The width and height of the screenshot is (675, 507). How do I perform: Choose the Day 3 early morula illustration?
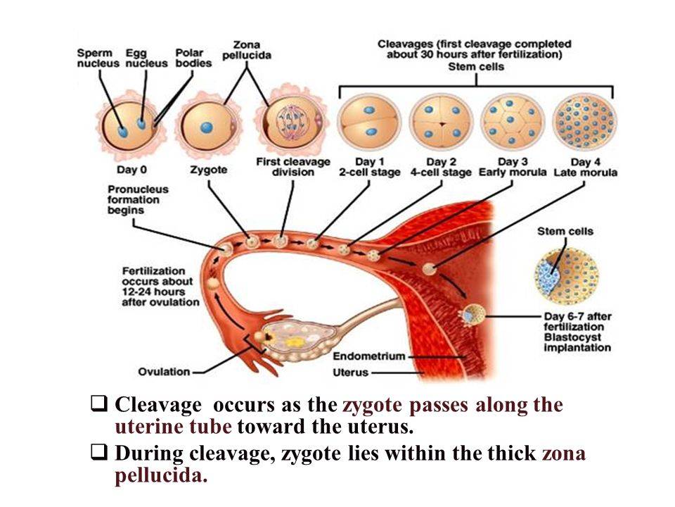(511, 121)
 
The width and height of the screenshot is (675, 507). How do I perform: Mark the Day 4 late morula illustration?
(585, 121)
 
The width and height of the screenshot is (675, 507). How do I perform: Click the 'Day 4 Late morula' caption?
(585, 168)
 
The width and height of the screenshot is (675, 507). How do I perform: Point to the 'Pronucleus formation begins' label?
(136, 199)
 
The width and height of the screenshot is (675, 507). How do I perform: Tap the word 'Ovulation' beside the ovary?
(164, 371)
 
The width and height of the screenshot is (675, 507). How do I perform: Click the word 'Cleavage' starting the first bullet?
(158, 406)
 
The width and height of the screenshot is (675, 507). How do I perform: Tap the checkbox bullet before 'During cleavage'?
(99, 454)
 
